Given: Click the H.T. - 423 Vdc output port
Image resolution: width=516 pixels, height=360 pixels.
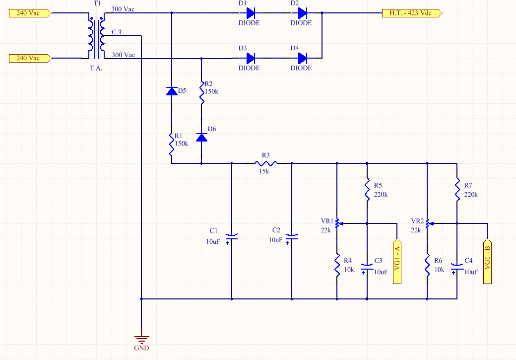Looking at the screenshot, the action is point(412,13).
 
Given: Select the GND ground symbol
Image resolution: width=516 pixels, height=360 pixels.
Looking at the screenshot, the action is point(141,339).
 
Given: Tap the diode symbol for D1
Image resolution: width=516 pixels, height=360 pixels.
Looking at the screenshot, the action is point(251,13).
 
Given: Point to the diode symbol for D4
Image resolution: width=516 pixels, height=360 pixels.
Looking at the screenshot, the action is point(303,58).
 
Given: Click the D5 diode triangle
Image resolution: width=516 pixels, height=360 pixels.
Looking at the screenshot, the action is point(172,91).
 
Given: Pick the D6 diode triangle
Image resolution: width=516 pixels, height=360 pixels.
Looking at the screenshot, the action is point(202,137).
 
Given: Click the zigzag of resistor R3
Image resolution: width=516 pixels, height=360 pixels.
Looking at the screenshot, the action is point(266,163).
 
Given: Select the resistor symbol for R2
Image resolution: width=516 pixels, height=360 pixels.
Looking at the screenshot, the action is point(202,93).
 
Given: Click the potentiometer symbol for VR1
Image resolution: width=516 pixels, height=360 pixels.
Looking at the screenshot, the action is point(338,223).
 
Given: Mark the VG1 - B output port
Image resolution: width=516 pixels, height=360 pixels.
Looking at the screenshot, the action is point(487,261).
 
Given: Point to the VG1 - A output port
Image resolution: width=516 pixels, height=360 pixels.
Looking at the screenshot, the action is point(397,261).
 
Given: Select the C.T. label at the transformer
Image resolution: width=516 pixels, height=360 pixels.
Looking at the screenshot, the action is point(118,32).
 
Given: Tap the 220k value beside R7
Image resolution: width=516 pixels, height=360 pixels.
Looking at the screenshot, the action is point(471,194).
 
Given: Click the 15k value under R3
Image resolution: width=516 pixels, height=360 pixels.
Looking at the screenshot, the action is point(264,171).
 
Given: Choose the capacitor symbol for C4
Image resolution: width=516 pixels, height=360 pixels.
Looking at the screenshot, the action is point(457,269).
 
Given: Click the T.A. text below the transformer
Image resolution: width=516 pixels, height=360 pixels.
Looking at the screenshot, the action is point(96,68).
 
